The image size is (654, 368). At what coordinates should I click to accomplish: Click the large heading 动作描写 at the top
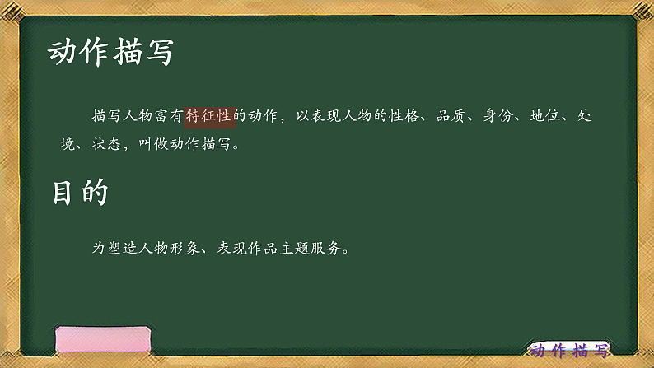[110, 53]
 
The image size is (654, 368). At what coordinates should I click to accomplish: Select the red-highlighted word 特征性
[211, 116]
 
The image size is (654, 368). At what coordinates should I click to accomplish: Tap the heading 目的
[80, 193]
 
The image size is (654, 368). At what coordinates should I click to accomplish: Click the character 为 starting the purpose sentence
[100, 246]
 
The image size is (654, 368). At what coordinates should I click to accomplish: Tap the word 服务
[326, 246]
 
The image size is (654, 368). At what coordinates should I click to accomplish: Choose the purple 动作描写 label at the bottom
[570, 350]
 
